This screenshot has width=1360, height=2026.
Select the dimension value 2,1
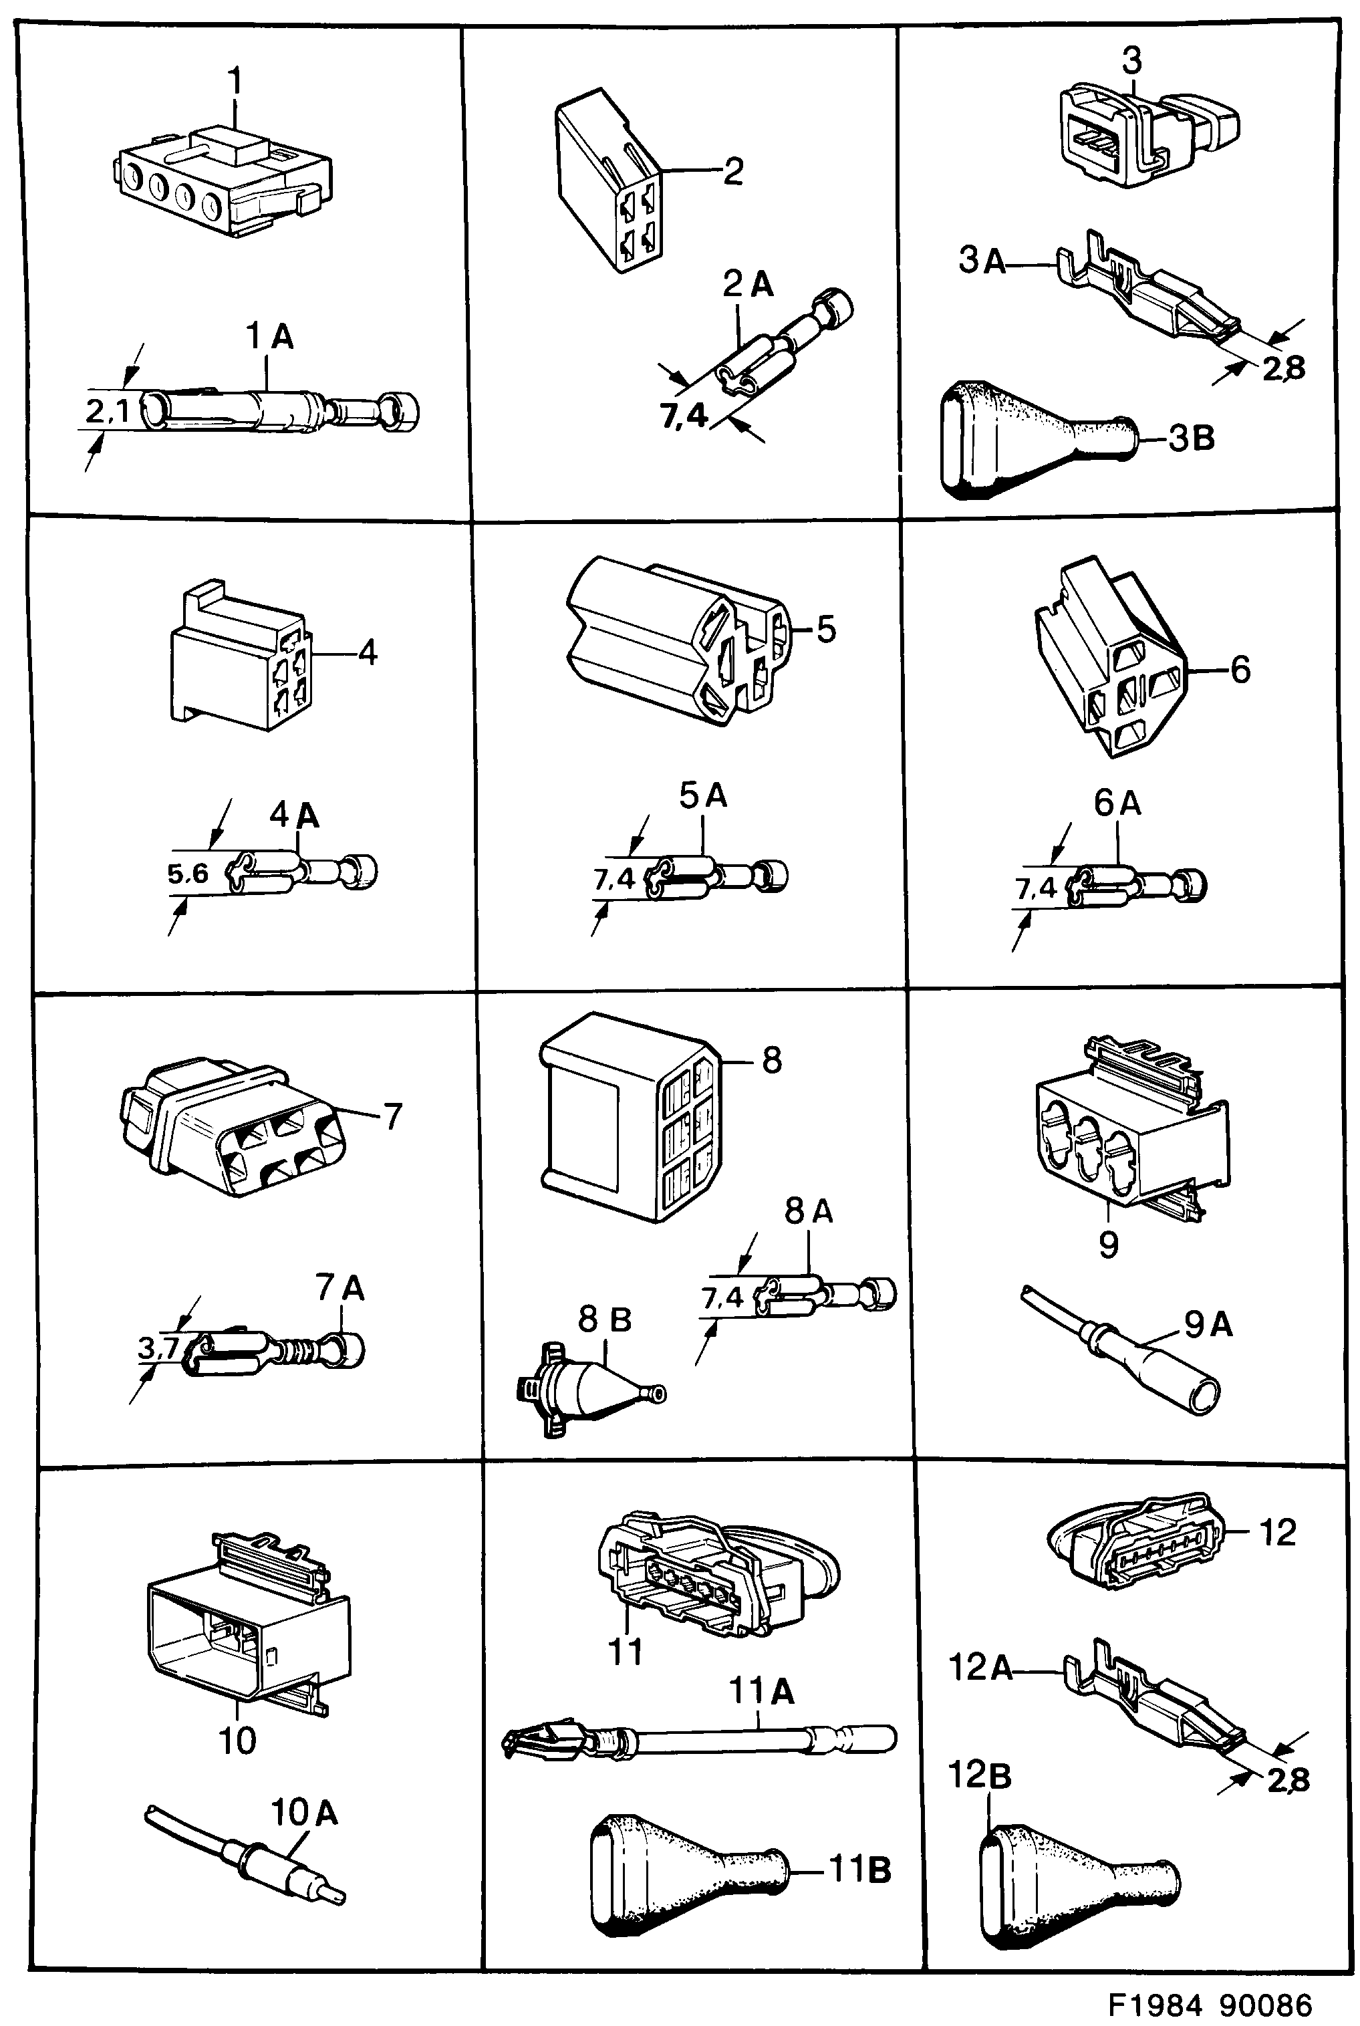click(107, 412)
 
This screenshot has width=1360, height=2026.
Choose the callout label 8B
click(605, 1320)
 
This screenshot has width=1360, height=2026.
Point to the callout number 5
click(826, 630)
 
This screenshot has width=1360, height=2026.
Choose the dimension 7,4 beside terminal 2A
click(684, 417)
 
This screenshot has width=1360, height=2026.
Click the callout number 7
click(393, 1117)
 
